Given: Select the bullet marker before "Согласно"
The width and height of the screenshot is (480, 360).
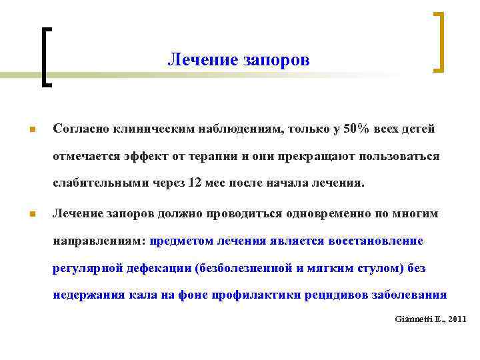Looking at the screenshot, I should click(32, 129).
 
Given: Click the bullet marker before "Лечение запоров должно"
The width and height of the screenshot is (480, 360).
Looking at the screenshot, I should click(32, 215).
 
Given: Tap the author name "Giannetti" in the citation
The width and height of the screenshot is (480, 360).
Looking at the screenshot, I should click(409, 319).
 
